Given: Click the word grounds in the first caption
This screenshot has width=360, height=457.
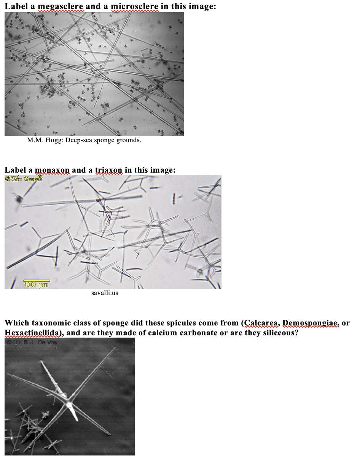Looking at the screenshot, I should [x=129, y=140].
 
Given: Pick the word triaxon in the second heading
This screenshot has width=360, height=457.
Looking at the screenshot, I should [x=108, y=170].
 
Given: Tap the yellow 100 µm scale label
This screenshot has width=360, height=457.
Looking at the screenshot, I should [x=36, y=284].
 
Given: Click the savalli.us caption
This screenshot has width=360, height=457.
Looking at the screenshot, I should [x=105, y=293].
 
